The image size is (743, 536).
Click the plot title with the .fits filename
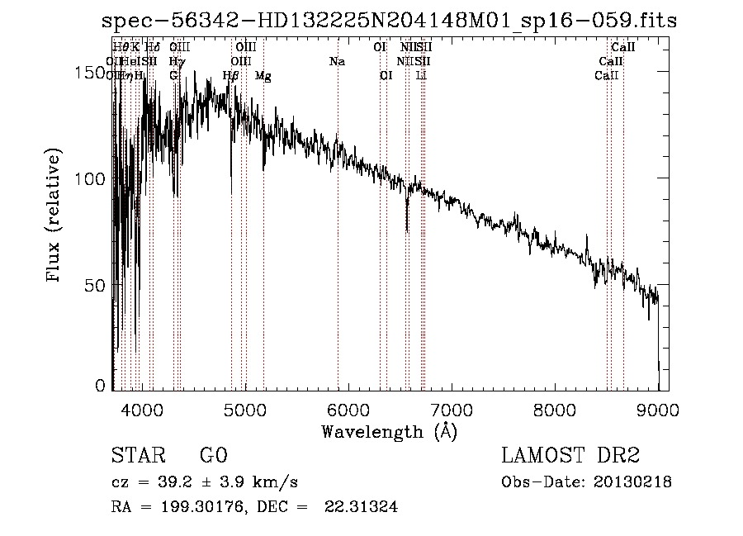pyautogui.click(x=389, y=21)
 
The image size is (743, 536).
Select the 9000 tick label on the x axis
pyautogui.click(x=658, y=407)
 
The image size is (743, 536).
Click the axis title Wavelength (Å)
pyautogui.click(x=389, y=431)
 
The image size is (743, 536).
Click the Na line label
pyautogui.click(x=337, y=62)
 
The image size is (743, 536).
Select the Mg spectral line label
pyautogui.click(x=263, y=76)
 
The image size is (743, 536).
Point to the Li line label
pyautogui.click(x=422, y=75)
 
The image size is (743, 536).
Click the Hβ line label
pyautogui.click(x=231, y=76)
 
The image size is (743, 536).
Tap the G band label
pyautogui.click(x=173, y=75)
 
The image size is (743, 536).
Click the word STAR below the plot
pyautogui.click(x=136, y=456)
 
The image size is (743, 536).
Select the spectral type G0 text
pyautogui.click(x=213, y=456)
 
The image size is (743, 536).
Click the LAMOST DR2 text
pyautogui.click(x=570, y=456)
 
